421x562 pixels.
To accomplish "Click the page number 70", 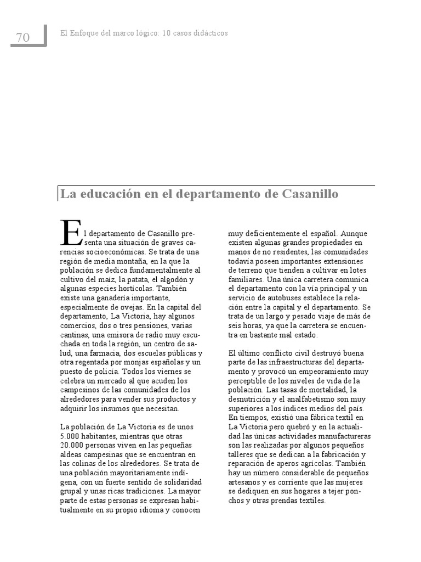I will click(23, 38).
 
